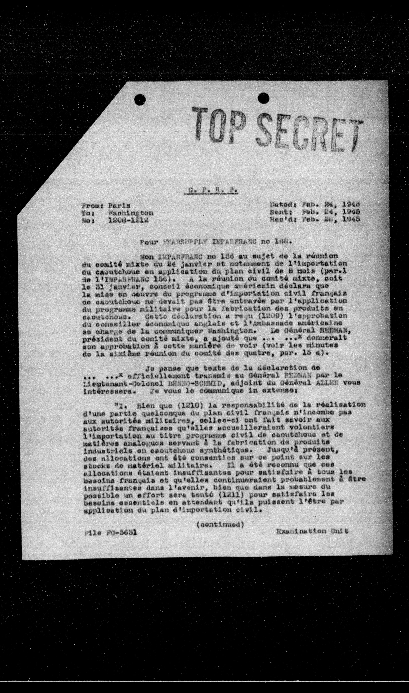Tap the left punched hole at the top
140,98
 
